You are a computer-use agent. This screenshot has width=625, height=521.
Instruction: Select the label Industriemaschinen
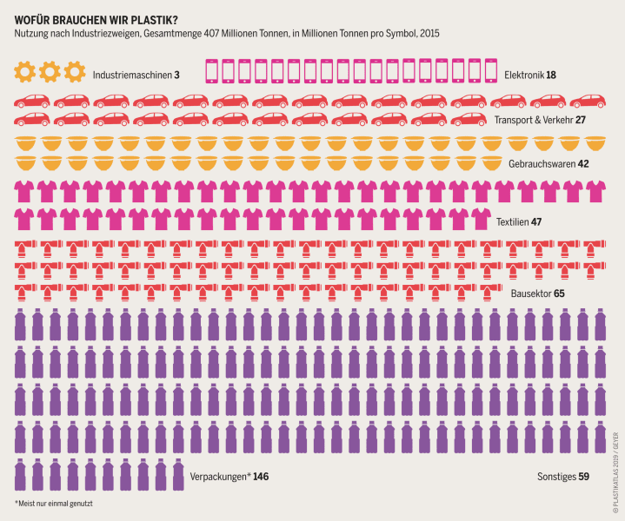pyautogui.click(x=131, y=75)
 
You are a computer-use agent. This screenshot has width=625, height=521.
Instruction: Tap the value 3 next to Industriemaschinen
pyautogui.click(x=176, y=75)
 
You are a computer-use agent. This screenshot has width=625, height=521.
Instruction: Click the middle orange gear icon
pyautogui.click(x=50, y=71)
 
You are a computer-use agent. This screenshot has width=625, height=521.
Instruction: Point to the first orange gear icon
pyautogui.click(x=23, y=71)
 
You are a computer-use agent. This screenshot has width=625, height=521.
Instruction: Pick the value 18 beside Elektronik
pyautogui.click(x=552, y=75)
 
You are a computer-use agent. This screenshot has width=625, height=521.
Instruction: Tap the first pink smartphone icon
pyautogui.click(x=210, y=71)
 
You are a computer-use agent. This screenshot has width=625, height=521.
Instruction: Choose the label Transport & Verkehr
pyautogui.click(x=533, y=121)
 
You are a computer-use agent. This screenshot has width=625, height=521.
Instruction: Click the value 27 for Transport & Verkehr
pyautogui.click(x=581, y=121)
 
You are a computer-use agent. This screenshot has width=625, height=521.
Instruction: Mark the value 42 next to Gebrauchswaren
pyautogui.click(x=583, y=162)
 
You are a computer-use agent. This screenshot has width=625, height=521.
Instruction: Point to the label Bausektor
pyautogui.click(x=529, y=293)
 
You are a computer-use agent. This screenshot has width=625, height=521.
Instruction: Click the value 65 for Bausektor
pyautogui.click(x=559, y=293)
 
